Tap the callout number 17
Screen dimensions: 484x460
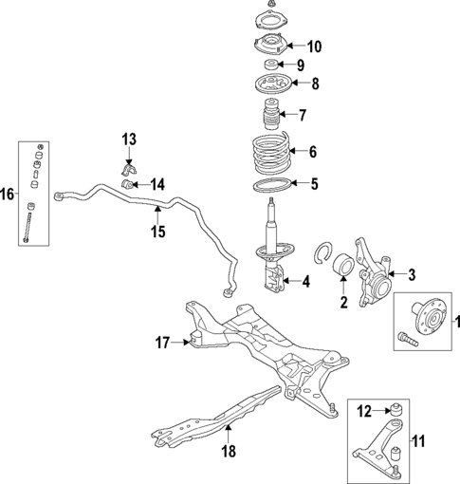point(163,341)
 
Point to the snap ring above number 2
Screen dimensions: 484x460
point(327,253)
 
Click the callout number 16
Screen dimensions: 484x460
point(8,195)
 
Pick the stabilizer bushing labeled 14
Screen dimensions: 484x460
point(135,183)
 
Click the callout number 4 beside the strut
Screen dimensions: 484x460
point(305,281)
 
